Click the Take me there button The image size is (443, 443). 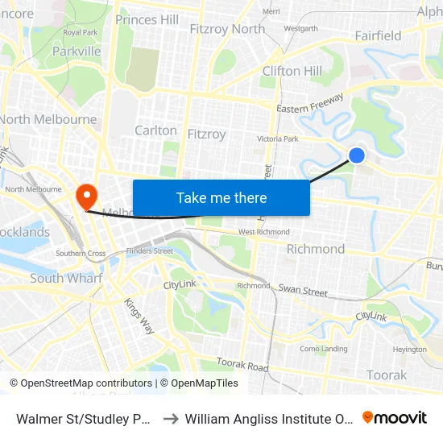tap(221, 197)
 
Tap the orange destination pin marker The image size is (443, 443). tap(85, 196)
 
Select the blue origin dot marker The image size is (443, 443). tap(357, 155)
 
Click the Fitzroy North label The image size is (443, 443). tap(226, 29)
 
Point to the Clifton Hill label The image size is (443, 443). tap(292, 71)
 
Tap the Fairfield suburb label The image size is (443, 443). tap(378, 35)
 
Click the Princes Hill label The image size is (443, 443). tap(147, 19)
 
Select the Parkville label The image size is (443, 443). tap(77, 51)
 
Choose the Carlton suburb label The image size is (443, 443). tap(156, 130)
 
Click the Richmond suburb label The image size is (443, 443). tap(316, 249)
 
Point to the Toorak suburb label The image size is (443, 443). tap(387, 375)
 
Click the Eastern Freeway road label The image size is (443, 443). tap(310, 107)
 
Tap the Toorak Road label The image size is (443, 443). tap(242, 366)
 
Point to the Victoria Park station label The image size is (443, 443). tap(277, 139)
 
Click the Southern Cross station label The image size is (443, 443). tap(81, 253)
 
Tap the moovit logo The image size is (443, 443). tap(395, 418)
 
